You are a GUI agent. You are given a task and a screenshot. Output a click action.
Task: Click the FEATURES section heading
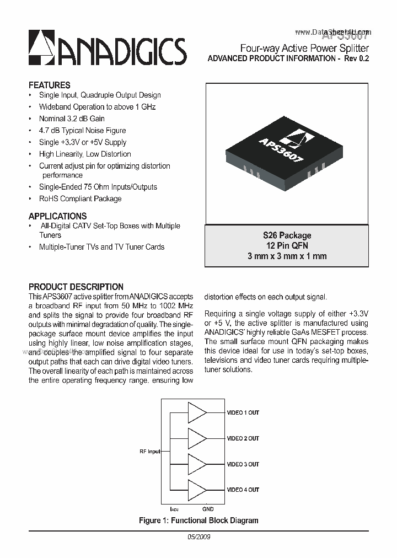[49, 85]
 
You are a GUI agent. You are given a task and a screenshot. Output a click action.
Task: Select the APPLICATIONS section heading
[57, 216]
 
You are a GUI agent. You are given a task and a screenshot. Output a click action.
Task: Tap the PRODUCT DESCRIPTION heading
[76, 287]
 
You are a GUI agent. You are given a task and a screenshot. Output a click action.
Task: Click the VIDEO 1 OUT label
[243, 412]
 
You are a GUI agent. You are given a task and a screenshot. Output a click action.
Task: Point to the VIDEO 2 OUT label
[243, 438]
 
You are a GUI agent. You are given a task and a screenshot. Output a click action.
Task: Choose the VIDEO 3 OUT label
[243, 464]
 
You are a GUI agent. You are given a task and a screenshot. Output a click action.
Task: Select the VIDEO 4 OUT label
[243, 490]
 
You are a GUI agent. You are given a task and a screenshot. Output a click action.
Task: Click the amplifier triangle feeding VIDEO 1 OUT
[196, 412]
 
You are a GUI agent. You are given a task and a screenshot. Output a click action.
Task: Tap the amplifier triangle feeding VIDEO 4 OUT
[196, 490]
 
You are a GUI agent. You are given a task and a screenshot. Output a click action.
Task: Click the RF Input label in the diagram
[149, 452]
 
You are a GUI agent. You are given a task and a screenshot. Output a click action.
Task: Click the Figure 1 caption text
[198, 521]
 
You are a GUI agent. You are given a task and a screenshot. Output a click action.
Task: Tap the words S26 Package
[287, 235]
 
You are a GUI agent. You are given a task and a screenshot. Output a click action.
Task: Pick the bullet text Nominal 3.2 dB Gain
[72, 119]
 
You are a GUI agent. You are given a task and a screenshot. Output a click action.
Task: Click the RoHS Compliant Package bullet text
[80, 198]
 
